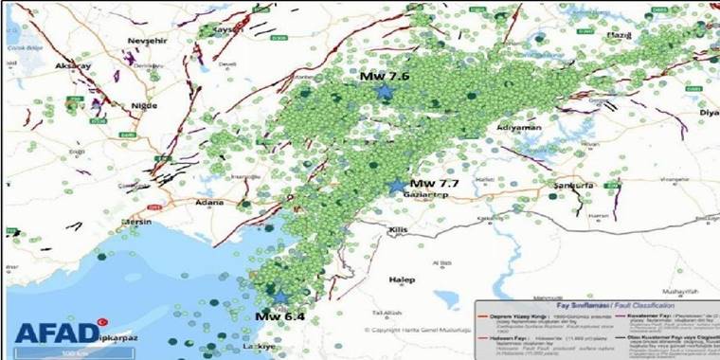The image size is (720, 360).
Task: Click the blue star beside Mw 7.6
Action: tap(385, 91)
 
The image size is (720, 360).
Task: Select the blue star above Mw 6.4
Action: tap(280, 296)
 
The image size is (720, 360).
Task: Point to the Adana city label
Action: tap(208, 202)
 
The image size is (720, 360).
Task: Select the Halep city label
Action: tap(402, 279)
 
